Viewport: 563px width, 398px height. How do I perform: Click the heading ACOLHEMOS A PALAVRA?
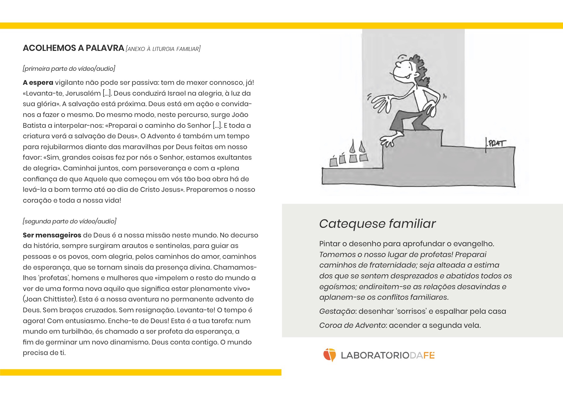pyautogui.click(x=73, y=48)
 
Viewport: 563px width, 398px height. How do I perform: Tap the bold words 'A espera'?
pyautogui.click(x=38, y=82)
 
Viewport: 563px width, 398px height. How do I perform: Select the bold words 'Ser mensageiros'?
pyautogui.click(x=52, y=235)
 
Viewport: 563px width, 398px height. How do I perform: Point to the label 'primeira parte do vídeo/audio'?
pyautogui.click(x=69, y=69)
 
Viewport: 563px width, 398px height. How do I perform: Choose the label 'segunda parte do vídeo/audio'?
pyautogui.click(x=70, y=221)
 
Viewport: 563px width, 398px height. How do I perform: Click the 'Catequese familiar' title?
pyautogui.click(x=377, y=224)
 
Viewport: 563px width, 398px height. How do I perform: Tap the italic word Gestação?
pyautogui.click(x=337, y=311)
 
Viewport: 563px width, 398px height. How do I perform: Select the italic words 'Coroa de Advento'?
pyautogui.click(x=352, y=325)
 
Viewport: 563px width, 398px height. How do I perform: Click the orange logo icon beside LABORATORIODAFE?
pyautogui.click(x=329, y=355)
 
